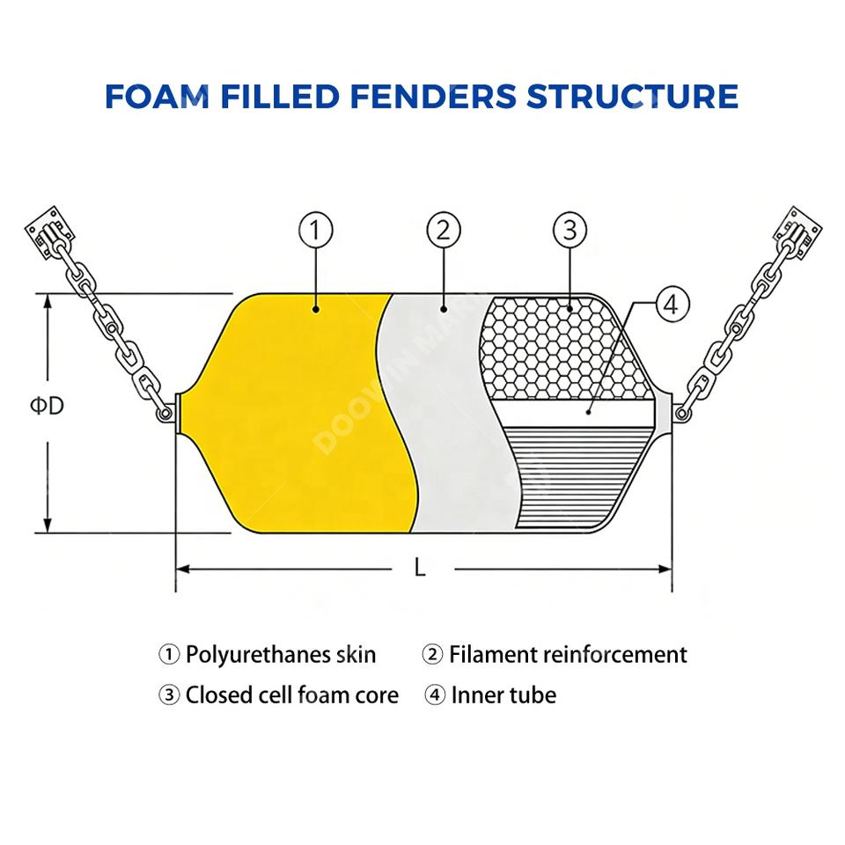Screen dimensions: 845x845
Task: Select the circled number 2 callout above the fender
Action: pyautogui.click(x=444, y=231)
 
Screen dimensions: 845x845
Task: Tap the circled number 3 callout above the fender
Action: pyautogui.click(x=569, y=231)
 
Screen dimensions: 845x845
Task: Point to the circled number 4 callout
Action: pyautogui.click(x=671, y=305)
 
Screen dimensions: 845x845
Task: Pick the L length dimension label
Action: pyautogui.click(x=421, y=569)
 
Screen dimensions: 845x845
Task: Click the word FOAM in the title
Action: pyautogui.click(x=157, y=96)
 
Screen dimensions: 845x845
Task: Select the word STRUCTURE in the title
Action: pyautogui.click(x=632, y=96)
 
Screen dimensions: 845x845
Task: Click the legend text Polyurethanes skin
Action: pyautogui.click(x=280, y=655)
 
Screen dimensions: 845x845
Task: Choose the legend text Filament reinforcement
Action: pyautogui.click(x=567, y=655)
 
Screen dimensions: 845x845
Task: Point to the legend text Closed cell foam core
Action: pyautogui.click(x=290, y=695)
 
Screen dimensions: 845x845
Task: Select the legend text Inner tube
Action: pyautogui.click(x=503, y=695)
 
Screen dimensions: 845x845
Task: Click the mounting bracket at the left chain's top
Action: pyautogui.click(x=46, y=232)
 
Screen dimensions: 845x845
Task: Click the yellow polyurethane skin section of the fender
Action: pyautogui.click(x=299, y=414)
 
